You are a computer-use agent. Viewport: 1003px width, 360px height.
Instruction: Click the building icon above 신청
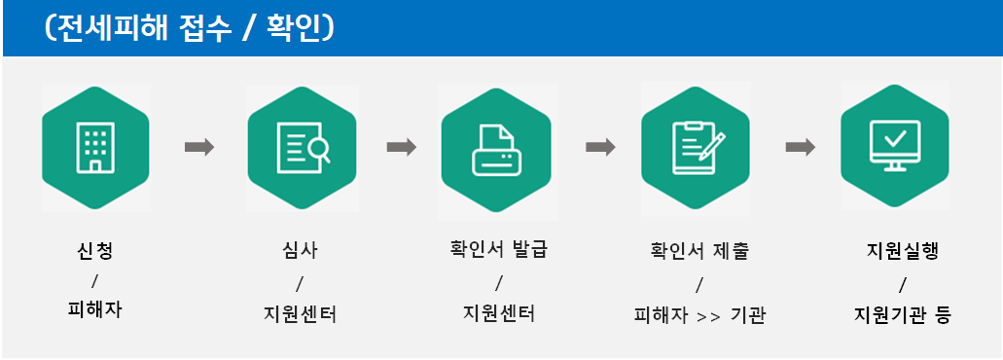[x=95, y=147]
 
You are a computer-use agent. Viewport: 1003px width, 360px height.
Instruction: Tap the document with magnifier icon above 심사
[x=301, y=147]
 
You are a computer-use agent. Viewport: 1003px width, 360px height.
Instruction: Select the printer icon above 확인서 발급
[x=495, y=147]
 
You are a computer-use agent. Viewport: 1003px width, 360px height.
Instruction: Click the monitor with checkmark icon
[x=894, y=147]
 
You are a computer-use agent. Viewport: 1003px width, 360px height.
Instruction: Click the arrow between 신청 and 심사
[x=199, y=147]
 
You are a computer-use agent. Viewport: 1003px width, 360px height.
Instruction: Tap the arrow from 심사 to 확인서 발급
[x=401, y=147]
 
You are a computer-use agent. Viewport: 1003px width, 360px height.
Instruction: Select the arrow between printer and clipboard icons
[x=600, y=147]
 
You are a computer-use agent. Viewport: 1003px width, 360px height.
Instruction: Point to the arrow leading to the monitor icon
[x=800, y=147]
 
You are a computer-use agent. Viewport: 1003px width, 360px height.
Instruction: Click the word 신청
[x=94, y=251]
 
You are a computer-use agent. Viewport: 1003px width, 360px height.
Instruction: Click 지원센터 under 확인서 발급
[x=498, y=315]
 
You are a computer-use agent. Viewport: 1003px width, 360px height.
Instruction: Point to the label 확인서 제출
[x=699, y=251]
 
